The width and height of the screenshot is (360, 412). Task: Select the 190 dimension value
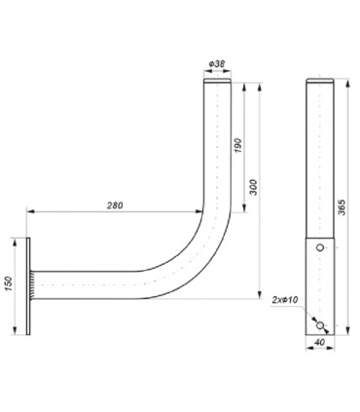[238, 147]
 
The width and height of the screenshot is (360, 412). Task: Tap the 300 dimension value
[255, 186]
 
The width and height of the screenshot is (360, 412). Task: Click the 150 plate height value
[9, 282]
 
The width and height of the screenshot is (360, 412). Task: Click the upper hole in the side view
[318, 249]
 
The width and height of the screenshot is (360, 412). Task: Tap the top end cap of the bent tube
[217, 84]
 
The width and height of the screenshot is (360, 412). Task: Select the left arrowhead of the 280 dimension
[30, 211]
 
